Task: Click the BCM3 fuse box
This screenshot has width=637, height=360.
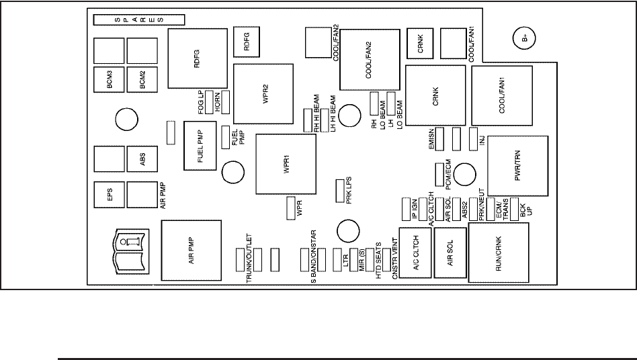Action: coord(109,79)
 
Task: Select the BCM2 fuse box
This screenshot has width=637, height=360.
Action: coord(142,79)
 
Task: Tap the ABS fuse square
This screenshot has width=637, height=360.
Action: coord(142,159)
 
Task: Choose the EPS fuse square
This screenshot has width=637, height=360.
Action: coord(109,195)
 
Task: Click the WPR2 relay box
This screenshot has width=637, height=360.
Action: coord(263,94)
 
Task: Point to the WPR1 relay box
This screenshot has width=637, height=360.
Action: coord(286,164)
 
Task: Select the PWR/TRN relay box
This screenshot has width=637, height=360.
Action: coord(518,166)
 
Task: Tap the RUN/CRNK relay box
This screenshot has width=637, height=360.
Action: coord(499,253)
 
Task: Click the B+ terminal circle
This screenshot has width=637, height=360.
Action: coord(524,38)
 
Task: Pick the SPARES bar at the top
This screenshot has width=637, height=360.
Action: coord(139,19)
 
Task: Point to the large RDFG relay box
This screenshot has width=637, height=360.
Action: coord(198,58)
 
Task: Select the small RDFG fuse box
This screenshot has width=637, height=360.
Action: coord(246,42)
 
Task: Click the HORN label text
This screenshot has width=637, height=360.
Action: coord(217,103)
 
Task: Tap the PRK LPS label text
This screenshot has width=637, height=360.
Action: coord(349,190)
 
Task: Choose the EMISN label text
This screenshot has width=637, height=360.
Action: coord(431,139)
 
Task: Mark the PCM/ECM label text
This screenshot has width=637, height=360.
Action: coord(448,175)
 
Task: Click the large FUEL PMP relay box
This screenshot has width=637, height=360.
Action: coord(200,146)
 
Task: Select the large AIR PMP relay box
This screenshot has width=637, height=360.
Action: coord(192,251)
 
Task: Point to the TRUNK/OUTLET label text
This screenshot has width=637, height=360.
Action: coord(249,259)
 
